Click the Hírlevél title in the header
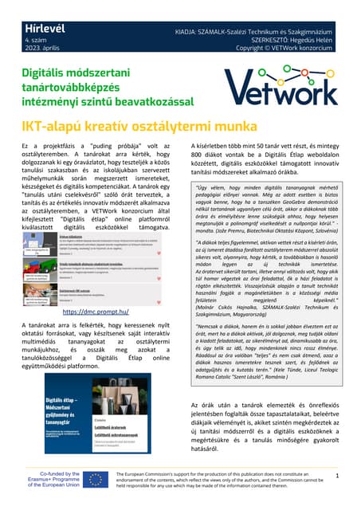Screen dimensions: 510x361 [27, 8]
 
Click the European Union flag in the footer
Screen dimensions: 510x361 [96, 479]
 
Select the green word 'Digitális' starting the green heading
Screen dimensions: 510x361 [40, 73]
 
